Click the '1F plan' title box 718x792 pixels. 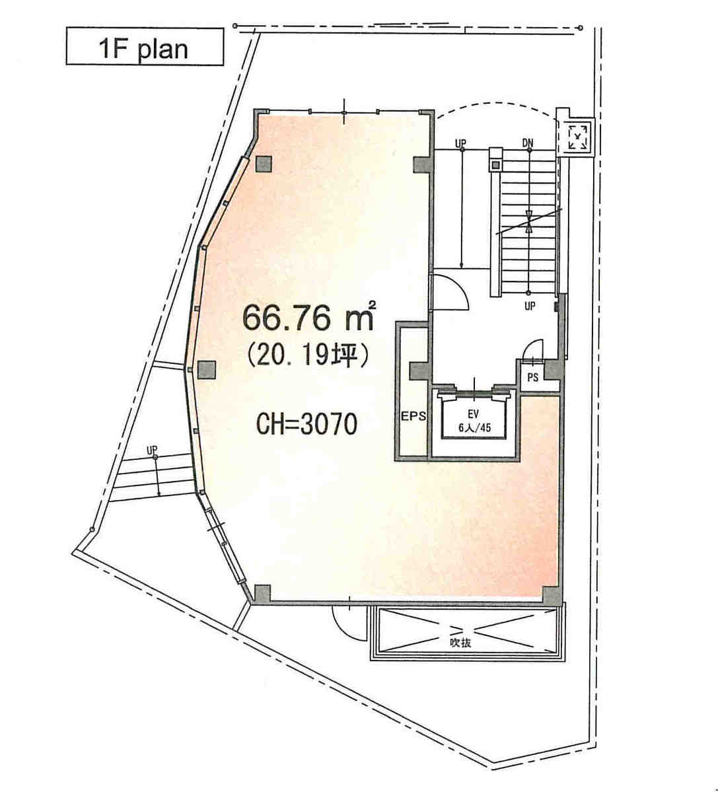point(145,46)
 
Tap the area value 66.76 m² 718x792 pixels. point(309,317)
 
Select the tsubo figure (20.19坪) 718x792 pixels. point(308,357)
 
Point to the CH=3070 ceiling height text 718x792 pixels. point(307,424)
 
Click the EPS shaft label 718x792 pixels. point(414,417)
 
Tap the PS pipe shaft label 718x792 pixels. point(532,377)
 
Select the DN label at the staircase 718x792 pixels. point(528,143)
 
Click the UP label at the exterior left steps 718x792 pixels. point(152,450)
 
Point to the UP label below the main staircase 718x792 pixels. point(530,306)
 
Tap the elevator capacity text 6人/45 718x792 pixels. point(475,428)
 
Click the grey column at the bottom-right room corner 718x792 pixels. point(551,595)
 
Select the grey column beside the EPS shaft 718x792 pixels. point(419,371)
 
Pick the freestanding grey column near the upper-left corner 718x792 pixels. point(264,164)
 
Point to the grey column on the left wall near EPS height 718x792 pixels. point(206,371)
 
